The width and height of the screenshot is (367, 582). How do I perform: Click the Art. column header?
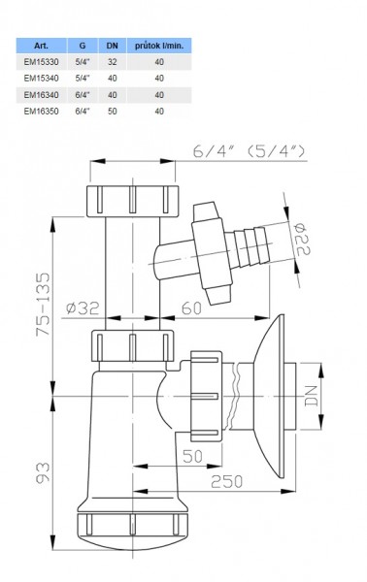(41, 46)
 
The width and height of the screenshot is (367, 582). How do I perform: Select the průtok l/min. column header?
(159, 46)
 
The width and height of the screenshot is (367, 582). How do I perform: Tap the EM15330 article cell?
(41, 62)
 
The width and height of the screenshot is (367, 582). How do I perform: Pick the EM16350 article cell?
(41, 111)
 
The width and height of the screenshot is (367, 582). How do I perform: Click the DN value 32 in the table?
(113, 62)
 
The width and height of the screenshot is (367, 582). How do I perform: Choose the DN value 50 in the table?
(113, 111)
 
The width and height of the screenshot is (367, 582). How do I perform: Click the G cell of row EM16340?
(83, 95)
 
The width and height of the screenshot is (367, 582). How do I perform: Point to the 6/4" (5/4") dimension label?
(249, 151)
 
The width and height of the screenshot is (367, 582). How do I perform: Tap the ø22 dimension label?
(303, 239)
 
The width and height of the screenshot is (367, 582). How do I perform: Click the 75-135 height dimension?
(43, 305)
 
